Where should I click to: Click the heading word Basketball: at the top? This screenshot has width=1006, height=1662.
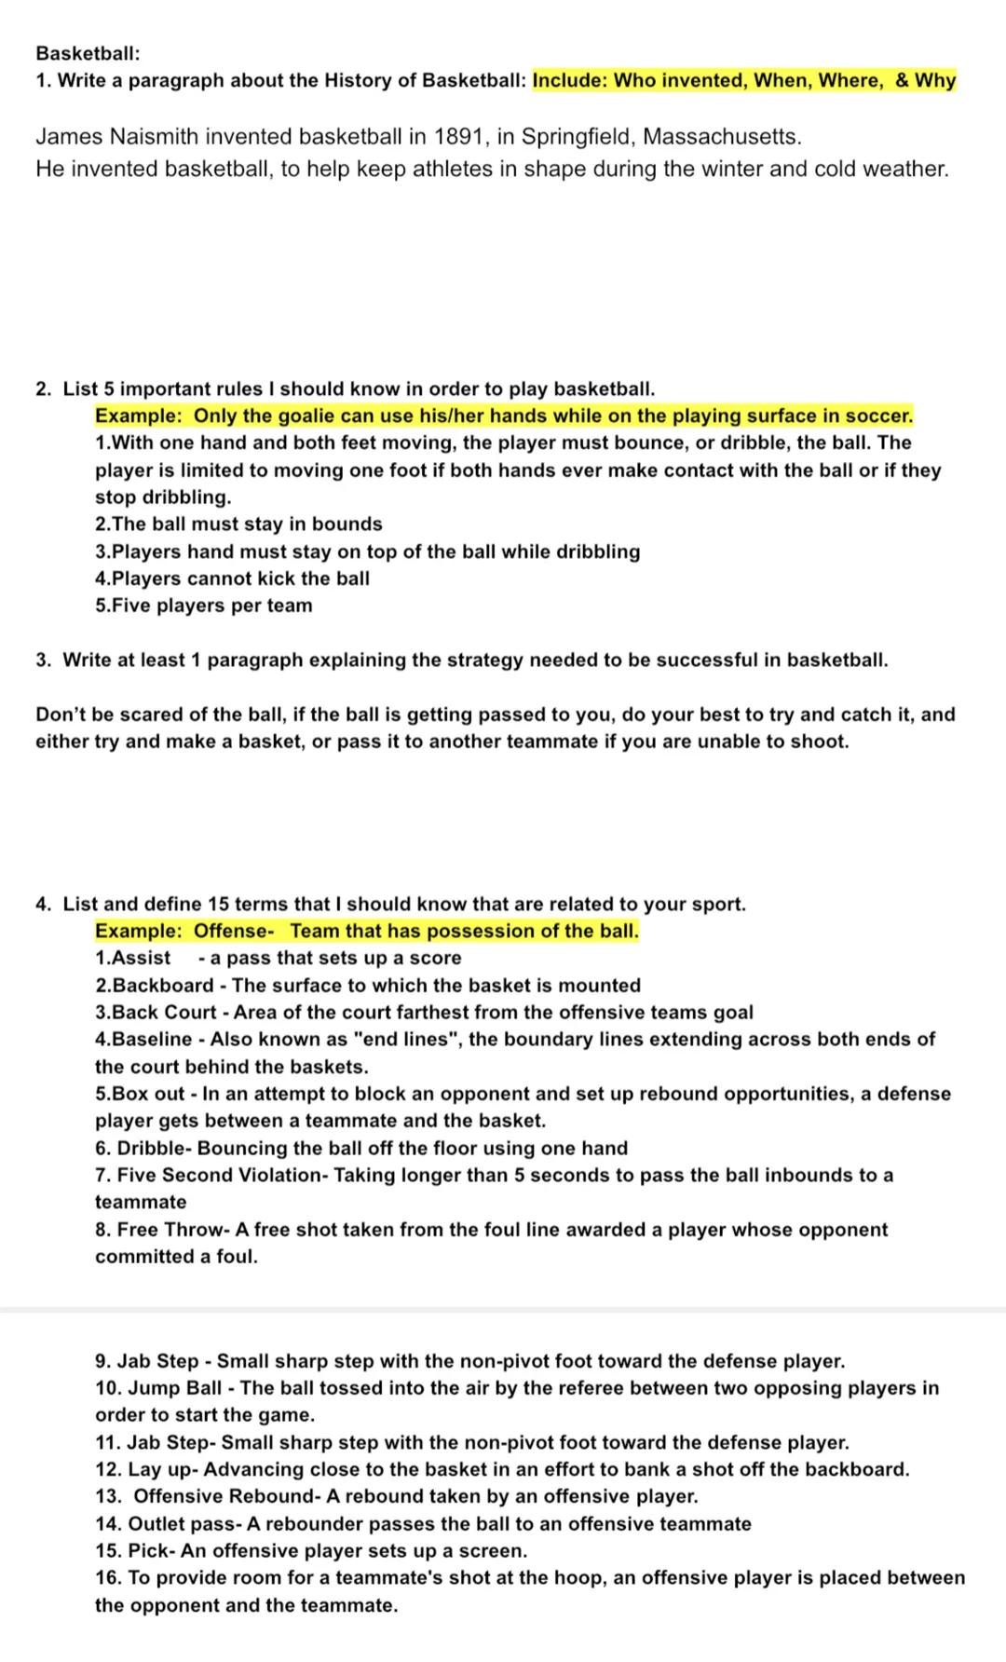coord(88,53)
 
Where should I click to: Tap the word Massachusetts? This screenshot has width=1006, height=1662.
coord(721,137)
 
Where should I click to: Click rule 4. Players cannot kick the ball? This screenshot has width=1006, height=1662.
coord(232,579)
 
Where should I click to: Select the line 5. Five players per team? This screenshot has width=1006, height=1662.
coord(204,606)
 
